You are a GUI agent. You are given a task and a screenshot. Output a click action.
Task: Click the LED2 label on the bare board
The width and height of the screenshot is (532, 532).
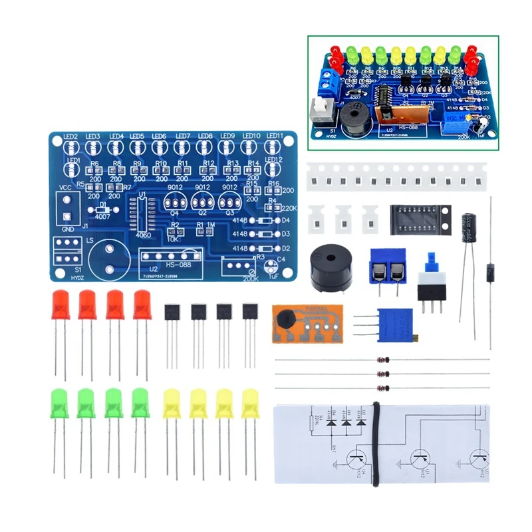coord(71,137)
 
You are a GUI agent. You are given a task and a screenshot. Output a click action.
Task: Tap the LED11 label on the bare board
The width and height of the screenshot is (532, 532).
coord(274,137)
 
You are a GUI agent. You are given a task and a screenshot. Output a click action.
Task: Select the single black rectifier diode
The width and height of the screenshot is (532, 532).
coord(489,269)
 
